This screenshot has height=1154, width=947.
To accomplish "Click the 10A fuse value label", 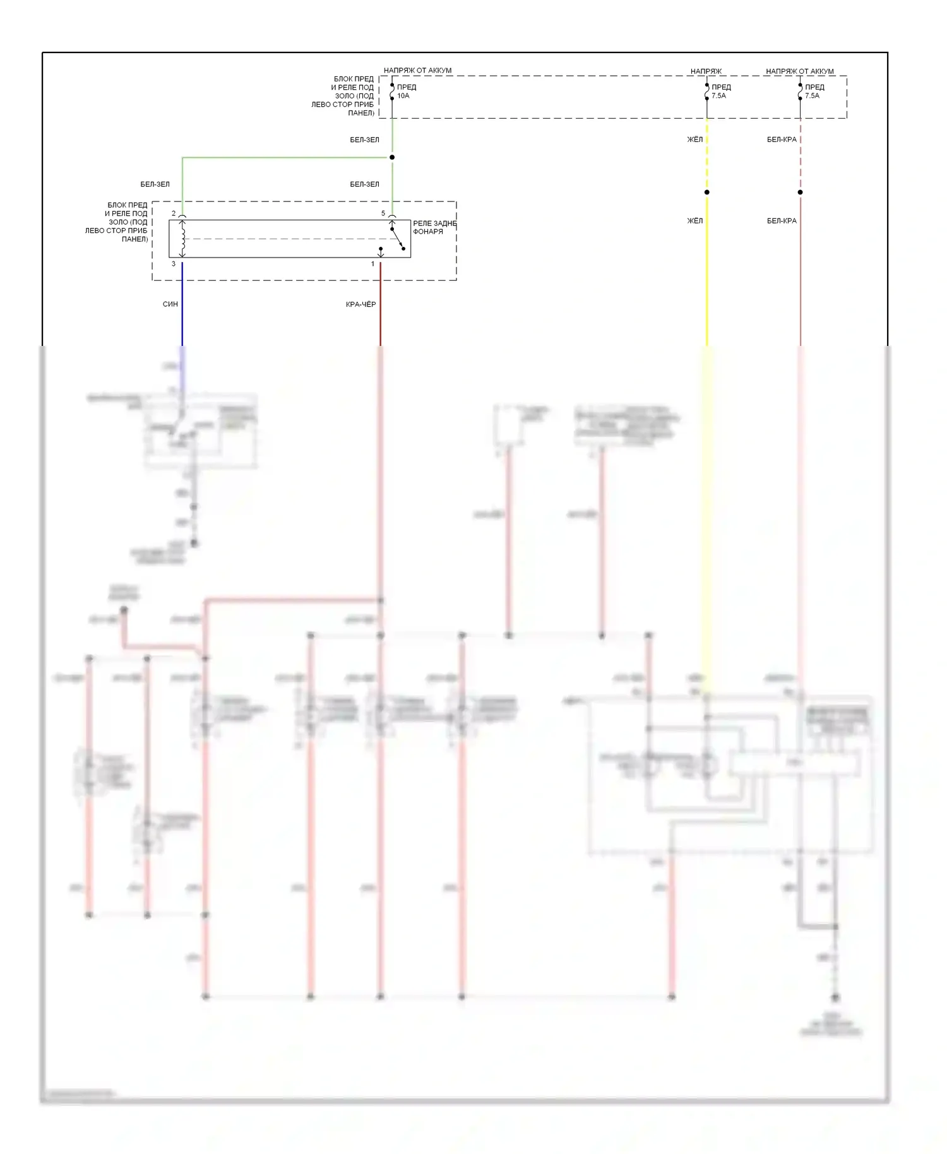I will pyautogui.click(x=403, y=96).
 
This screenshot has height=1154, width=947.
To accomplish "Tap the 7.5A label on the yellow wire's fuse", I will pyautogui.click(x=718, y=96).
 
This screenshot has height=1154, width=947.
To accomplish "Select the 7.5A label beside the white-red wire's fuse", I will pyautogui.click(x=812, y=96).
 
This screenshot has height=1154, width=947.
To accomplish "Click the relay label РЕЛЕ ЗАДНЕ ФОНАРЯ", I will pyautogui.click(x=434, y=227).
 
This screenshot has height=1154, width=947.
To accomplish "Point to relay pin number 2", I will pyautogui.click(x=174, y=213).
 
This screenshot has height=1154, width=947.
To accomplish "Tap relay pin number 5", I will pyautogui.click(x=383, y=213).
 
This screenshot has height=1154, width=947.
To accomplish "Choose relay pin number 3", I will pyautogui.click(x=174, y=264).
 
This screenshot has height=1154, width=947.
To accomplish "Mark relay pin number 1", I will pyautogui.click(x=373, y=264).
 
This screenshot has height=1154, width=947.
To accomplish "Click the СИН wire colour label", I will pyautogui.click(x=170, y=304).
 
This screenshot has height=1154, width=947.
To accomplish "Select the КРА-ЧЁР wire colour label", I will pyautogui.click(x=360, y=304).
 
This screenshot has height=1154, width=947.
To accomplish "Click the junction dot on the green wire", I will pyautogui.click(x=392, y=157).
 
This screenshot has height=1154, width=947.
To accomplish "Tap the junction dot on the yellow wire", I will pyautogui.click(x=707, y=192).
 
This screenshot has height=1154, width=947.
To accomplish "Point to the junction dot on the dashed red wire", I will pyautogui.click(x=801, y=192).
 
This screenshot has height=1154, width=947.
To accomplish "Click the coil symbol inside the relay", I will pyautogui.click(x=183, y=239).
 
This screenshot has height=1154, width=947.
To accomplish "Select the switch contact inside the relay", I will pyautogui.click(x=397, y=239).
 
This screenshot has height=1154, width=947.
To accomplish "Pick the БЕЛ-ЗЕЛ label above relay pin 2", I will pyautogui.click(x=155, y=184).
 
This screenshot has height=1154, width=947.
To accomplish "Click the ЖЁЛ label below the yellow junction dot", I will pyautogui.click(x=694, y=221).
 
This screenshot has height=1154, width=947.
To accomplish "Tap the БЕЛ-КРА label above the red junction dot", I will pyautogui.click(x=782, y=140).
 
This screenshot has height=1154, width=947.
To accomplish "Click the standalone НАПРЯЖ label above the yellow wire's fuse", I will pyautogui.click(x=706, y=71).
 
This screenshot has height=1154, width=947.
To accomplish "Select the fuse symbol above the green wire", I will pyautogui.click(x=392, y=92).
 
